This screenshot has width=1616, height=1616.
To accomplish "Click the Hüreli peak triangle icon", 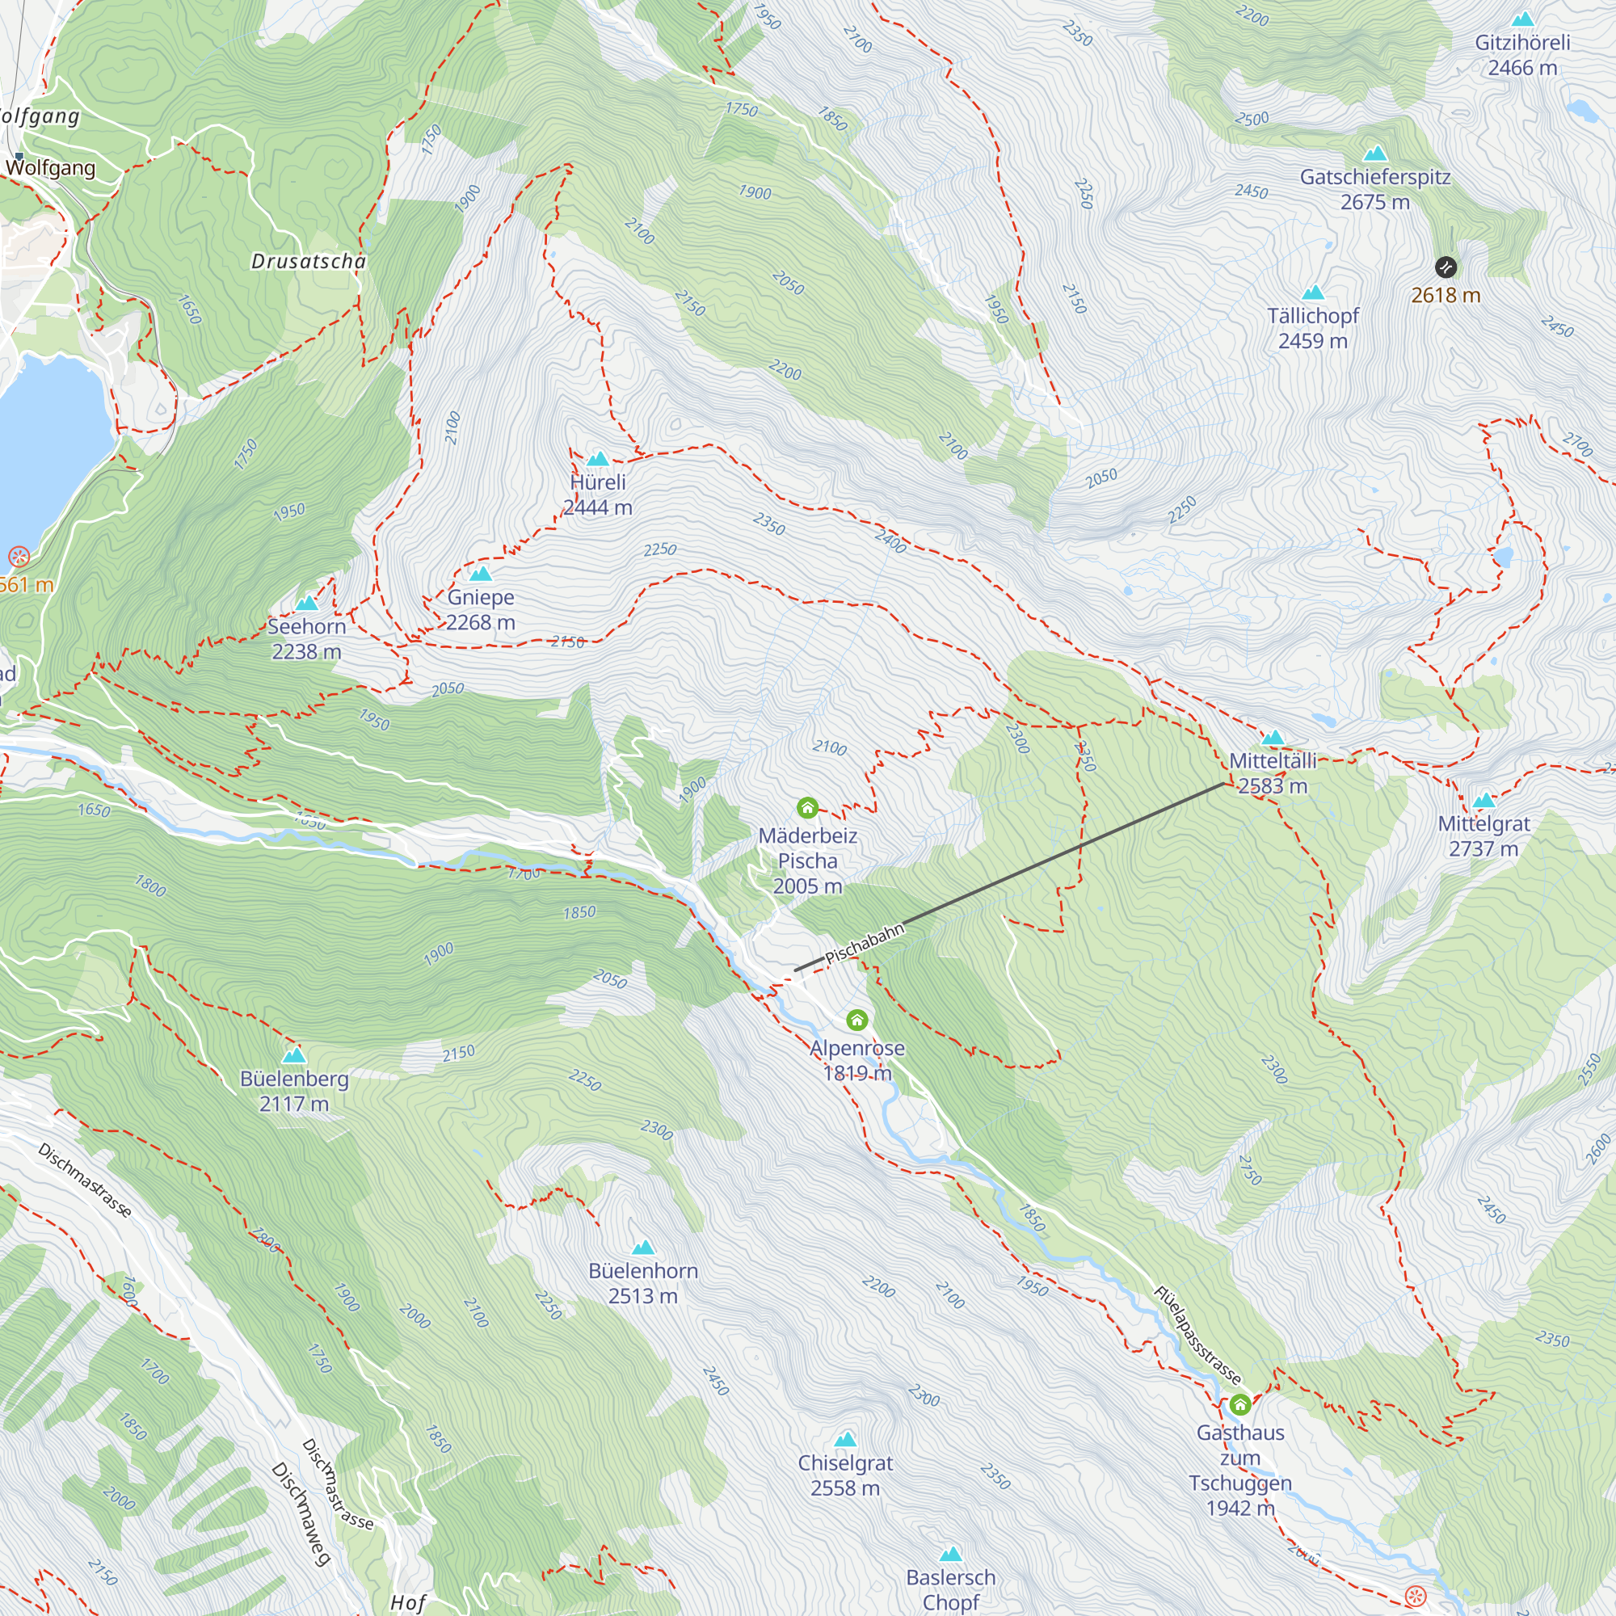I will (597, 459).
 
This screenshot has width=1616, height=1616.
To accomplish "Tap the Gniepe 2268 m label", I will (480, 610).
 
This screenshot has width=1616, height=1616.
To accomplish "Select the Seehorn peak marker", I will (307, 603).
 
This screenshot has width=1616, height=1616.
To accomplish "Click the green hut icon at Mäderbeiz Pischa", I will (807, 808).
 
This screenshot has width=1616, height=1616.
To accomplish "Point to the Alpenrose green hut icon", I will (856, 1020).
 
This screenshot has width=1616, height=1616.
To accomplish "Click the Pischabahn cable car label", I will (864, 945).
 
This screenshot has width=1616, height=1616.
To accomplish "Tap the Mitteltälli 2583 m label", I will (1273, 773).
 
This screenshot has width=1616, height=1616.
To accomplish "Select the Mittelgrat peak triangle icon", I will (1483, 801).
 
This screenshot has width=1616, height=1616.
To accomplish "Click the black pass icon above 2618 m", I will (1446, 267).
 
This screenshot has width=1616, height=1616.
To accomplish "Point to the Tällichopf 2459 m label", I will (1312, 328).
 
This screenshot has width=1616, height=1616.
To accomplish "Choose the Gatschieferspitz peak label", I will (1375, 189).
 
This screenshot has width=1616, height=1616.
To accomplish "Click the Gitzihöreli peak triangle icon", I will (1523, 19).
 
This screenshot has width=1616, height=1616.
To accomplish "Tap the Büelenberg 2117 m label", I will (293, 1091).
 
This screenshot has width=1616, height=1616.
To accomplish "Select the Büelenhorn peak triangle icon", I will (642, 1248).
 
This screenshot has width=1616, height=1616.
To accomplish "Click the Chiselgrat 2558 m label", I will (845, 1475).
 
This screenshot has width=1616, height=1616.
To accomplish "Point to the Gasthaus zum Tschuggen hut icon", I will (1239, 1403).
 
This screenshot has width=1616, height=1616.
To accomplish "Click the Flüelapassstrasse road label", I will (1197, 1335).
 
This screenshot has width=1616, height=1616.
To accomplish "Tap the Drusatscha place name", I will (309, 262).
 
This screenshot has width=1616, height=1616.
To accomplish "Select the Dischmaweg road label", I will (301, 1513).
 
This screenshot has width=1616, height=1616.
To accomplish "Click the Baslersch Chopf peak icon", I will (950, 1555).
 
